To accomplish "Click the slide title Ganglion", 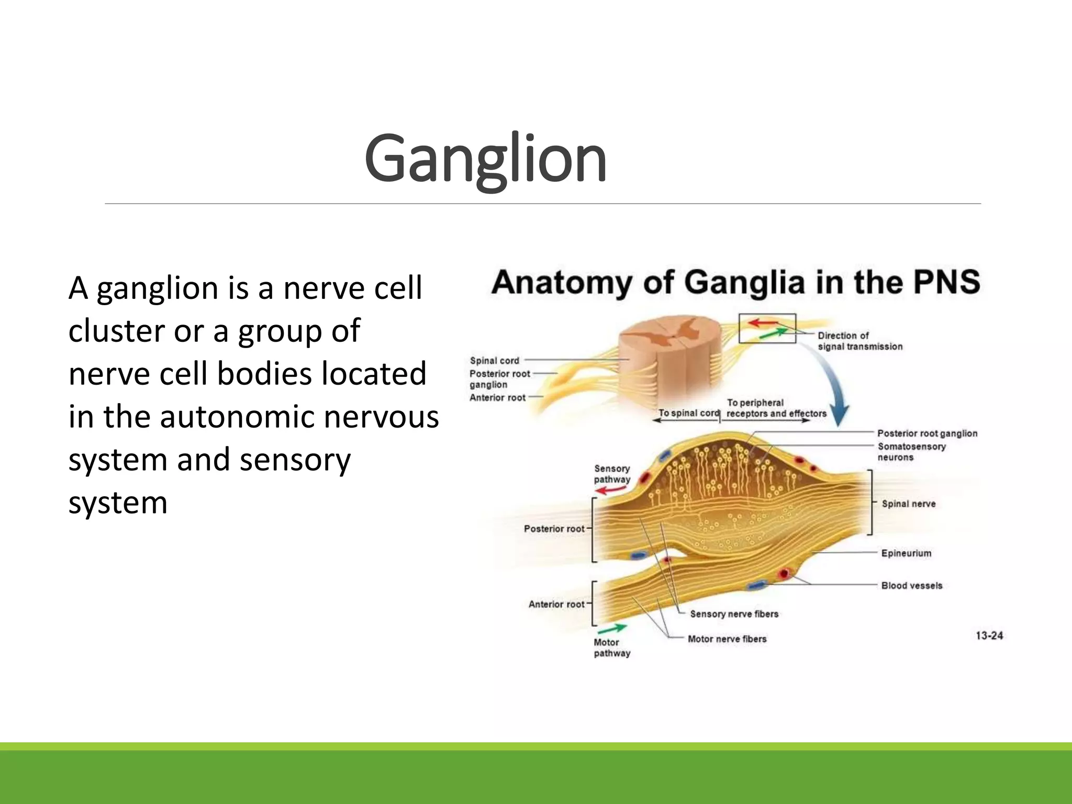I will (x=485, y=159).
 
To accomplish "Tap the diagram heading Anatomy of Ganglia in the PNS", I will (x=735, y=283).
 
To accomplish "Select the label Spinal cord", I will (x=494, y=361).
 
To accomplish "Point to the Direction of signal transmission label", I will (x=859, y=341).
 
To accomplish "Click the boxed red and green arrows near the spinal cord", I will (x=767, y=329).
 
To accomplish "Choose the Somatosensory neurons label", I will (x=911, y=452).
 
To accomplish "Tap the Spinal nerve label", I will (x=908, y=504).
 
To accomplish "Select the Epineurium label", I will (x=906, y=553).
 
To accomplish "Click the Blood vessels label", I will (x=911, y=586).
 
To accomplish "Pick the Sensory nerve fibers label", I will (x=734, y=614).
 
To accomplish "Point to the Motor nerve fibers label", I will (x=727, y=639).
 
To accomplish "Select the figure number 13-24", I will (x=989, y=635).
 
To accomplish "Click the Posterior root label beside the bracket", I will (x=553, y=529).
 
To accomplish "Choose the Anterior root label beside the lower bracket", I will (x=556, y=604).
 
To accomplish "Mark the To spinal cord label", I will (x=688, y=412).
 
